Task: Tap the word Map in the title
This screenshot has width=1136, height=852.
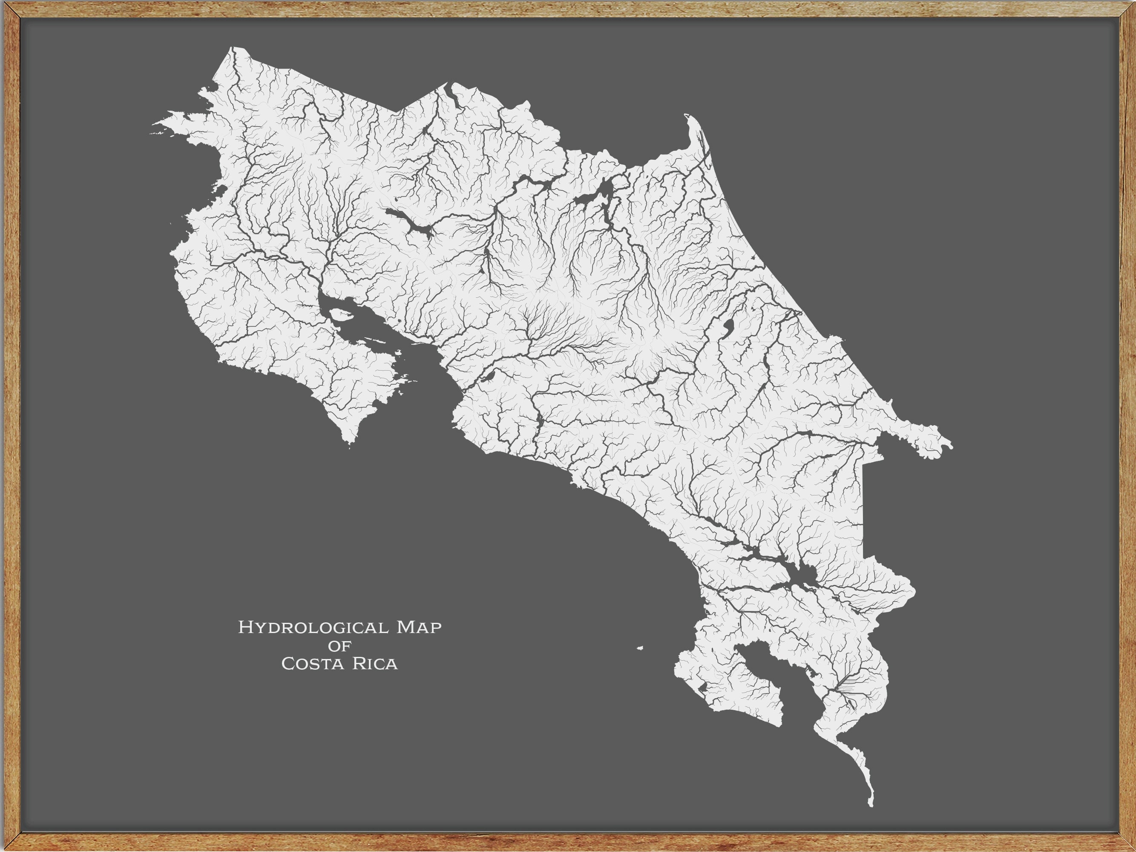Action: pyautogui.click(x=419, y=627)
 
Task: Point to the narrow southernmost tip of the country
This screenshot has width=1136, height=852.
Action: pyautogui.click(x=871, y=804)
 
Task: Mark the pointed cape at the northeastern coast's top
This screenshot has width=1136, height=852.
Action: pyautogui.click(x=687, y=116)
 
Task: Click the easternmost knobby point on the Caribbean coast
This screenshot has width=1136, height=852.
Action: pyautogui.click(x=950, y=445)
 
